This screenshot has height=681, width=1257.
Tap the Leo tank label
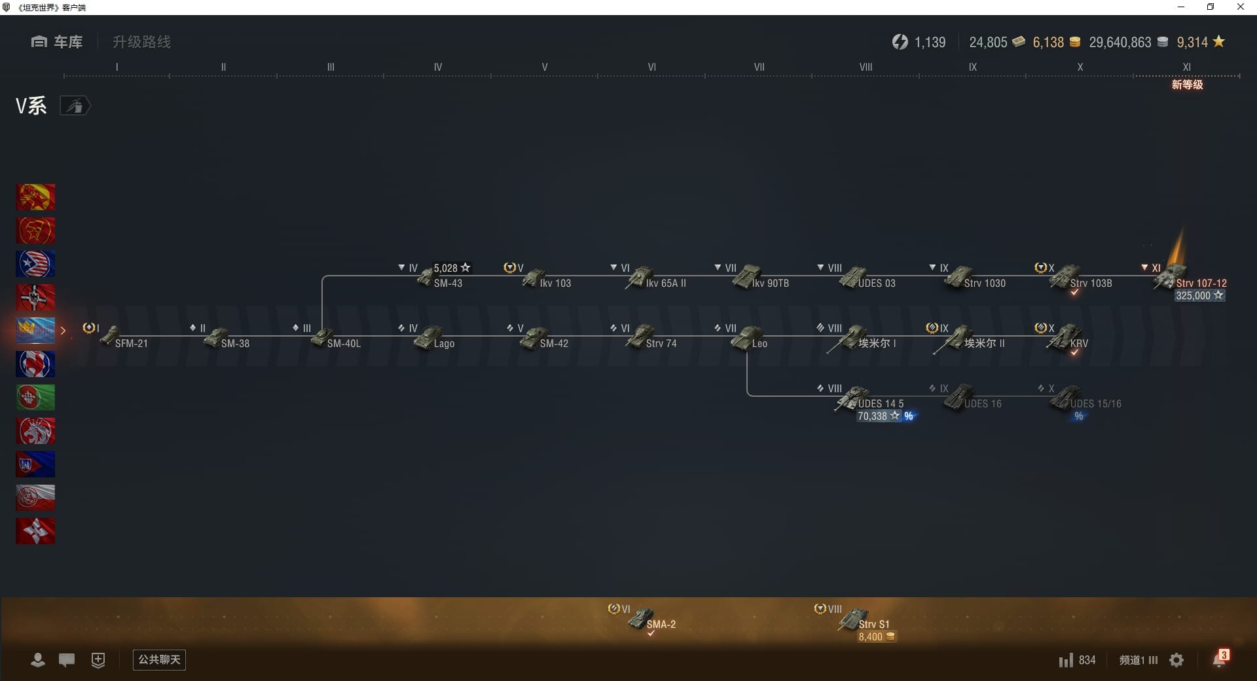(x=759, y=344)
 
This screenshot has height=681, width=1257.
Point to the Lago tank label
(x=444, y=344)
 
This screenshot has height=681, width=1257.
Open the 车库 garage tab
(x=58, y=42)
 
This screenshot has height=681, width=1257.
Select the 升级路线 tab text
(x=141, y=42)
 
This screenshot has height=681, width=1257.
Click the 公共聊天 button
(x=159, y=659)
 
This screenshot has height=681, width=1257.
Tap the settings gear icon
(x=1176, y=660)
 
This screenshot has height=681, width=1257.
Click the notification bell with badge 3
(x=1219, y=659)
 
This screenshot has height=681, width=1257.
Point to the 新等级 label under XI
(x=1187, y=85)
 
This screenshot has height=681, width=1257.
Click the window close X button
(x=1240, y=7)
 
